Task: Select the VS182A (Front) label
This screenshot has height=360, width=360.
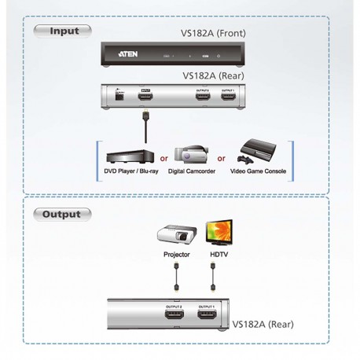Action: [213, 34]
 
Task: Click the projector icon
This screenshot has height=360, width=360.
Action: [176, 235]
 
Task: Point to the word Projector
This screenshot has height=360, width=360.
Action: [176, 255]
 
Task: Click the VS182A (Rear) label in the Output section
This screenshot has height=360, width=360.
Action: [266, 322]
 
